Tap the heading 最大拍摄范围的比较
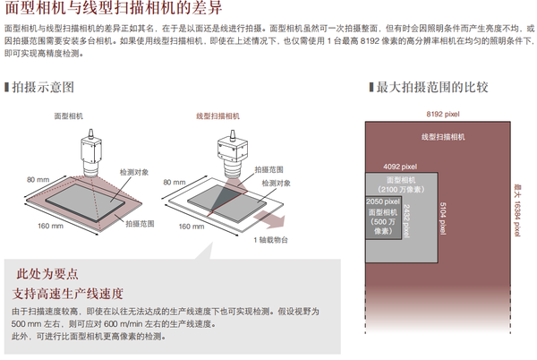point(430,88)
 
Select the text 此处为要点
point(47,274)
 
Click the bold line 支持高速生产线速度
point(69,293)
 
